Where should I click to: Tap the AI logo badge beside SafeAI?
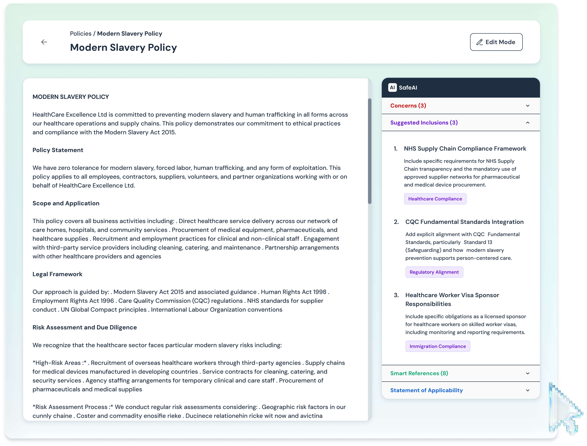tap(392, 88)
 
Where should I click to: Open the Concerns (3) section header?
tap(408, 106)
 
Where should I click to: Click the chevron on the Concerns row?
tap(527, 106)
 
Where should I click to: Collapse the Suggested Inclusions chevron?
tap(527, 123)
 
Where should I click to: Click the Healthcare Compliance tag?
tap(435, 199)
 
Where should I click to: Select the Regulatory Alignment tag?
tap(434, 272)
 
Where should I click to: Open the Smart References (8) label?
tap(419, 373)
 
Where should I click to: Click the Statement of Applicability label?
tap(426, 390)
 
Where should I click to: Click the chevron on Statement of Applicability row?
tap(527, 390)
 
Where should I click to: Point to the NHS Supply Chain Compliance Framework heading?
tap(465, 149)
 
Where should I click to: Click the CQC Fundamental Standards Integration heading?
tap(464, 222)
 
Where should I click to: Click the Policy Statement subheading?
tap(58, 150)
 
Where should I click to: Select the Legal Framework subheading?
tap(57, 274)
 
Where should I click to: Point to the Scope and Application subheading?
tap(66, 203)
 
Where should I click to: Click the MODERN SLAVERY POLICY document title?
tap(71, 97)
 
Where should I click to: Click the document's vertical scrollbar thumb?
tap(370, 151)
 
